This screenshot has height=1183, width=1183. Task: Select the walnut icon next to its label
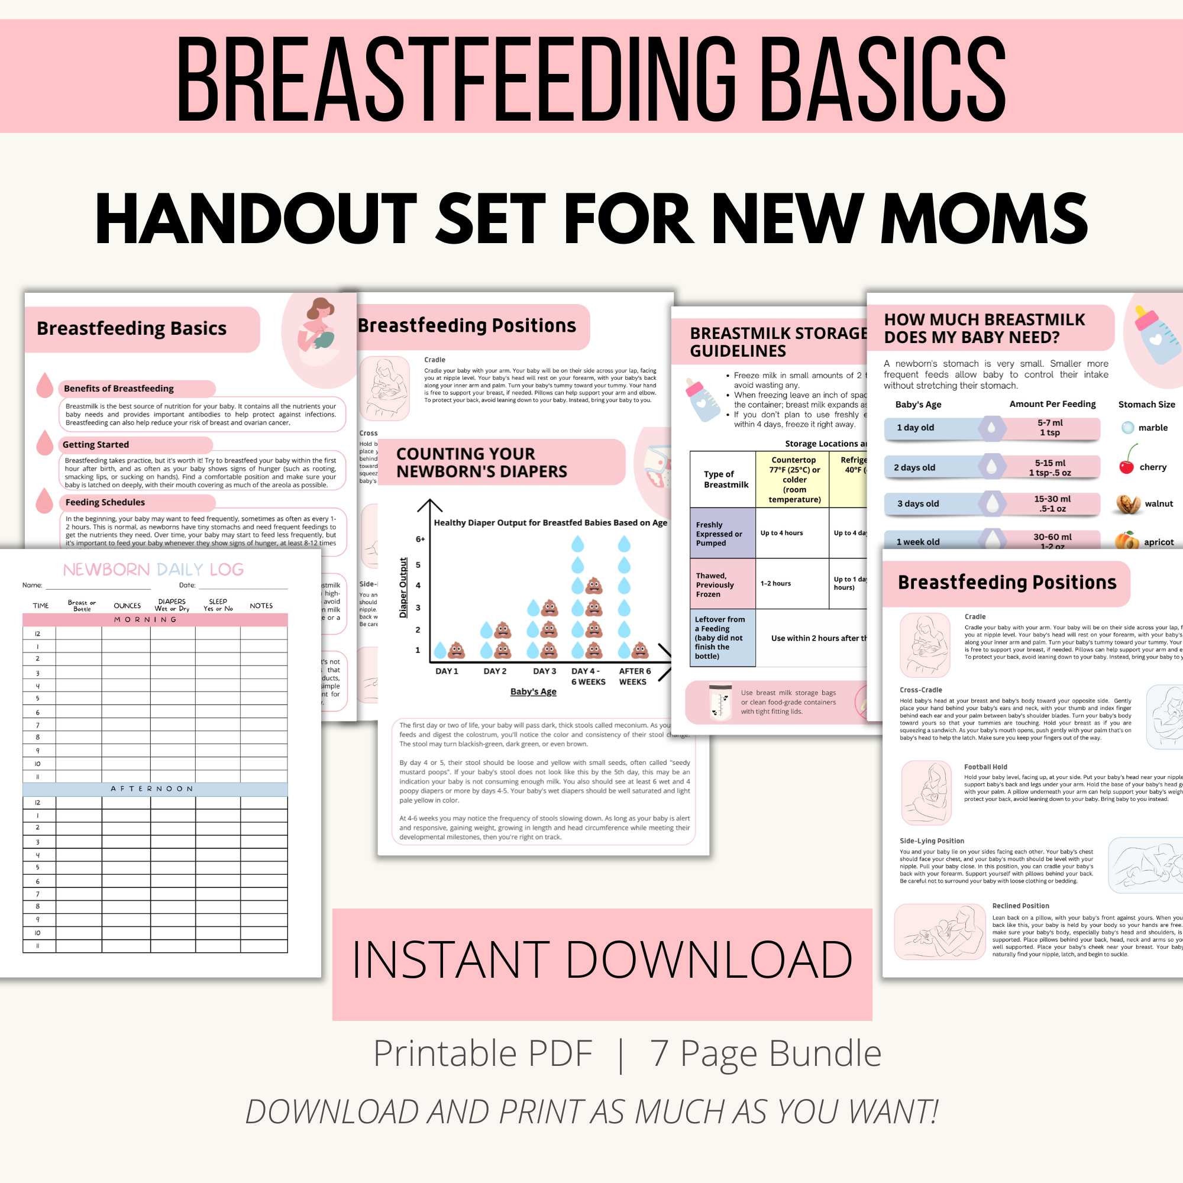pyautogui.click(x=1127, y=503)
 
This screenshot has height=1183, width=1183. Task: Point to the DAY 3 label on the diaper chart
pyautogui.click(x=544, y=671)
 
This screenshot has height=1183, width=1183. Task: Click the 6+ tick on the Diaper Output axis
pyautogui.click(x=420, y=539)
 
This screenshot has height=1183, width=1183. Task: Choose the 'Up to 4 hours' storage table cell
pyautogui.click(x=781, y=533)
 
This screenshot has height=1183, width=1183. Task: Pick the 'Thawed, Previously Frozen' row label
pyautogui.click(x=715, y=584)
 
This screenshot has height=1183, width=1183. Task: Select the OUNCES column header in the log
pyautogui.click(x=127, y=606)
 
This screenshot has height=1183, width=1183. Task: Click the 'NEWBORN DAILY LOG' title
pyautogui.click(x=153, y=570)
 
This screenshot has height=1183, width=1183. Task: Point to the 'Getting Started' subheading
pyautogui.click(x=96, y=445)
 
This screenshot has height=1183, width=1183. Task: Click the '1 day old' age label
pyautogui.click(x=915, y=428)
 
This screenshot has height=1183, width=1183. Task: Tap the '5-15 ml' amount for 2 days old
pyautogui.click(x=1049, y=463)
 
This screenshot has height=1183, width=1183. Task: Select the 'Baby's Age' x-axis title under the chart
pyautogui.click(x=534, y=691)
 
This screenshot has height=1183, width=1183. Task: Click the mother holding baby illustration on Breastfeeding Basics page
pyautogui.click(x=318, y=334)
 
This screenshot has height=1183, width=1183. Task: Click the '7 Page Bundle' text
pyautogui.click(x=765, y=1053)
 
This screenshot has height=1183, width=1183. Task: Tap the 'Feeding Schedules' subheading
pyautogui.click(x=105, y=502)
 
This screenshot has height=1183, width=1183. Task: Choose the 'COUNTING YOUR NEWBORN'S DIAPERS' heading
pyautogui.click(x=481, y=463)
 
